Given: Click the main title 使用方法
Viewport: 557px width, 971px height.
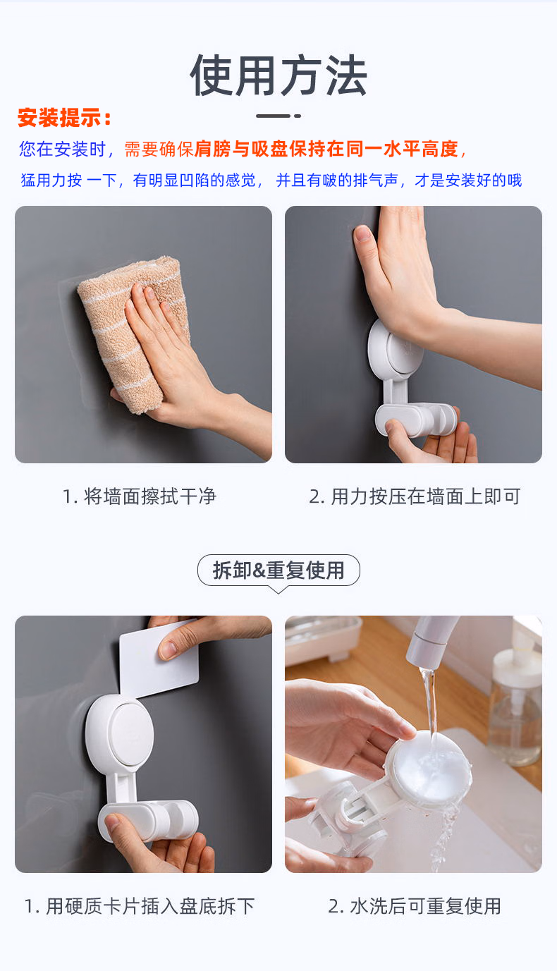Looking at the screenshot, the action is coord(278,75).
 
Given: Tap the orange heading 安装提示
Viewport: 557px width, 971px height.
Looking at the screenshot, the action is coord(60,118).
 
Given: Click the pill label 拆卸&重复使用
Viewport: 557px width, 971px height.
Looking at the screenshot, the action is coord(278,570).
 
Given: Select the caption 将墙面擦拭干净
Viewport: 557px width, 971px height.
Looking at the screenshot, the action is coord(150,496).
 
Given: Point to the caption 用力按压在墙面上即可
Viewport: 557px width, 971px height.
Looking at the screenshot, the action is coord(426,496).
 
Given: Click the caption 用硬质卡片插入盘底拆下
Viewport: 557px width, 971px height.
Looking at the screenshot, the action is coord(150,906).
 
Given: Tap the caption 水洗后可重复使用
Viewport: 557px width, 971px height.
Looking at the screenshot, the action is coord(425,906).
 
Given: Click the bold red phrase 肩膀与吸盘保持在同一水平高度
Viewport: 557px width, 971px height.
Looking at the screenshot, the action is coord(326,149).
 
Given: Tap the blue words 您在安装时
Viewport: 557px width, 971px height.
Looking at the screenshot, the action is coord(62,149).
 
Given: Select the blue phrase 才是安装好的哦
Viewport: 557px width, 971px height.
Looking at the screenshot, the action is coord(468,180).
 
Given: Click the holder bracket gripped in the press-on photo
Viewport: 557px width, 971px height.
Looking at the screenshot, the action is coord(415,419).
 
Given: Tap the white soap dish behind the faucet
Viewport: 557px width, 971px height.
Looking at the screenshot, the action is coord(323,636).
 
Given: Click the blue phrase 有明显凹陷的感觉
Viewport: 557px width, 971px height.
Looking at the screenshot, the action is coord(194,180).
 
